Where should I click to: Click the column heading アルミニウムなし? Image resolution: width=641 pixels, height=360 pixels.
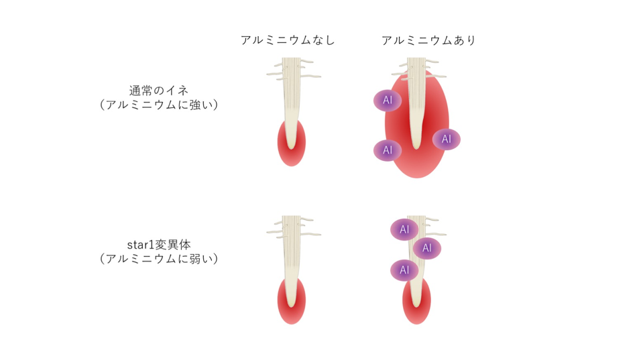(288, 40)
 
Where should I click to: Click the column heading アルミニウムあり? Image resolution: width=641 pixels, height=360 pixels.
(428, 40)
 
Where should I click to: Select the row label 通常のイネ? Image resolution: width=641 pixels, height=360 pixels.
(159, 91)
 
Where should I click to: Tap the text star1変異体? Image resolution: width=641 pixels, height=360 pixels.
(159, 243)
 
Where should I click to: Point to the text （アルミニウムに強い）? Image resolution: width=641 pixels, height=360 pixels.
(159, 105)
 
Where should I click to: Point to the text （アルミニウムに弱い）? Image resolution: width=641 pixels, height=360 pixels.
(159, 258)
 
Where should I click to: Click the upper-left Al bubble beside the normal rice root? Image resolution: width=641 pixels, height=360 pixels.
(388, 101)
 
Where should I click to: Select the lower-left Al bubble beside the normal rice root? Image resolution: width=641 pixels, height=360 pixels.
(388, 150)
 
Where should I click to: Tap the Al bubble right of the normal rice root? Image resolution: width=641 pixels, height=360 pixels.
(447, 139)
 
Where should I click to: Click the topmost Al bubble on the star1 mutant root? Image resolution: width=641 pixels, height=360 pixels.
(404, 229)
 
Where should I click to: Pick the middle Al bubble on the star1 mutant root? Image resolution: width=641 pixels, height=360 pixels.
(427, 249)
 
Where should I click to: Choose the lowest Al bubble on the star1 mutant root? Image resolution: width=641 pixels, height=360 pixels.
(404, 270)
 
